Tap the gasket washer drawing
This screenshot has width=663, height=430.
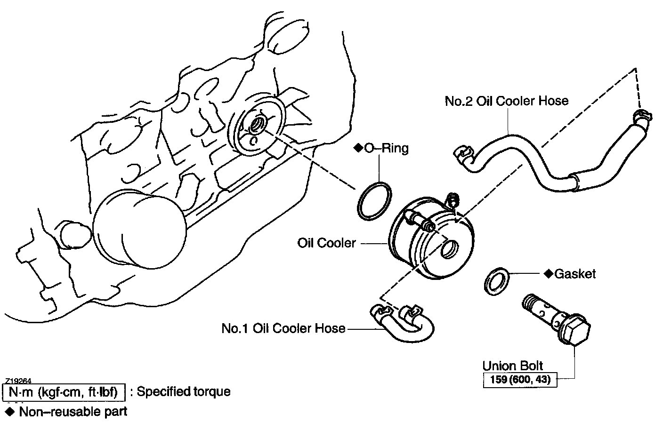coord(496,281)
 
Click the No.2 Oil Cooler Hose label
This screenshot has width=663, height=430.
coord(507,101)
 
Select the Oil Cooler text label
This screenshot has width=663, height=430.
coord(326,243)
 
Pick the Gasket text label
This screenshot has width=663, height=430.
coord(575,274)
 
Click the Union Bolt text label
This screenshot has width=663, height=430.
coord(513,366)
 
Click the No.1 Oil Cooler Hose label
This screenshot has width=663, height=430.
coord(283,328)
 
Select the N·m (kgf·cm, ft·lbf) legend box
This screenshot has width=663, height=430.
coord(64,392)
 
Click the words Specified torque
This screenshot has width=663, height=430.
coord(184,391)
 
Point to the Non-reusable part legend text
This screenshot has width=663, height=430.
coord(73,412)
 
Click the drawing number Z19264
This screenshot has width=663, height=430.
coord(18,381)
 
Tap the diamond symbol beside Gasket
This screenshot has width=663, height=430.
coord(549,274)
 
